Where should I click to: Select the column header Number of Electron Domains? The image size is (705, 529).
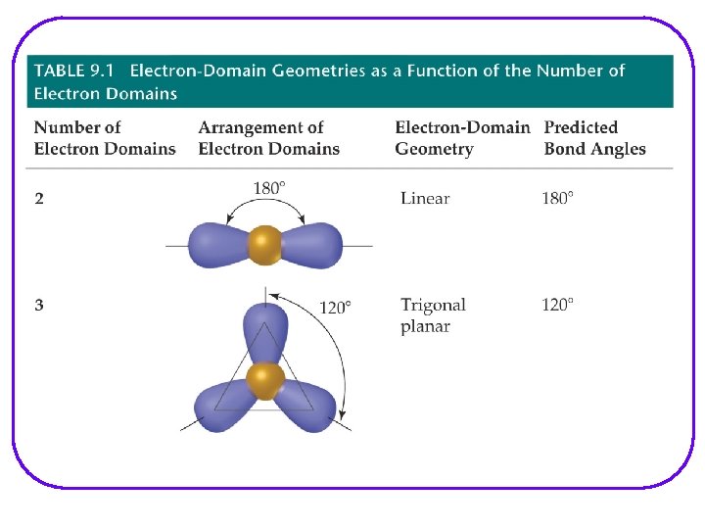tap(105, 138)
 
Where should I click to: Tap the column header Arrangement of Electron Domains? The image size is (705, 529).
tap(268, 138)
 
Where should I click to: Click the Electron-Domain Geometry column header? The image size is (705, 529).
tap(462, 138)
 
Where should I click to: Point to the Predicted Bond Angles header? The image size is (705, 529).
tap(594, 138)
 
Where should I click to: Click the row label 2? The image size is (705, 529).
tap(39, 199)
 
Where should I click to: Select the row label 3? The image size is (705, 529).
tap(39, 306)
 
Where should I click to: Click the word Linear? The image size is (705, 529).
tap(425, 199)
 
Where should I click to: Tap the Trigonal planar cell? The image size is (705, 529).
tap(433, 315)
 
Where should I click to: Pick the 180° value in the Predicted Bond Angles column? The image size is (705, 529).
tap(557, 199)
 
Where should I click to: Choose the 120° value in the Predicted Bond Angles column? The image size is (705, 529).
tap(557, 306)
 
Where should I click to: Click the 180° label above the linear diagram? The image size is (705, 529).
tap(269, 188)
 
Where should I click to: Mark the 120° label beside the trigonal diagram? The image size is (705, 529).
tap(335, 308)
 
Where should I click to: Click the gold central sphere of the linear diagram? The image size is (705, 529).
tap(264, 245)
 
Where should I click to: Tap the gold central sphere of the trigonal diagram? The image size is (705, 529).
tap(264, 380)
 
